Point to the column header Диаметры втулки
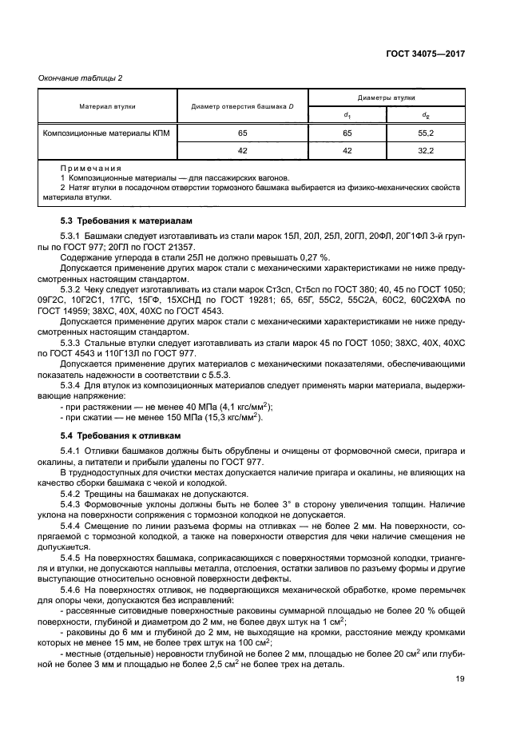tap(386, 96)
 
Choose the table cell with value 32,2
tap(425, 149)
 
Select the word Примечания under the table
tap(89, 169)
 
